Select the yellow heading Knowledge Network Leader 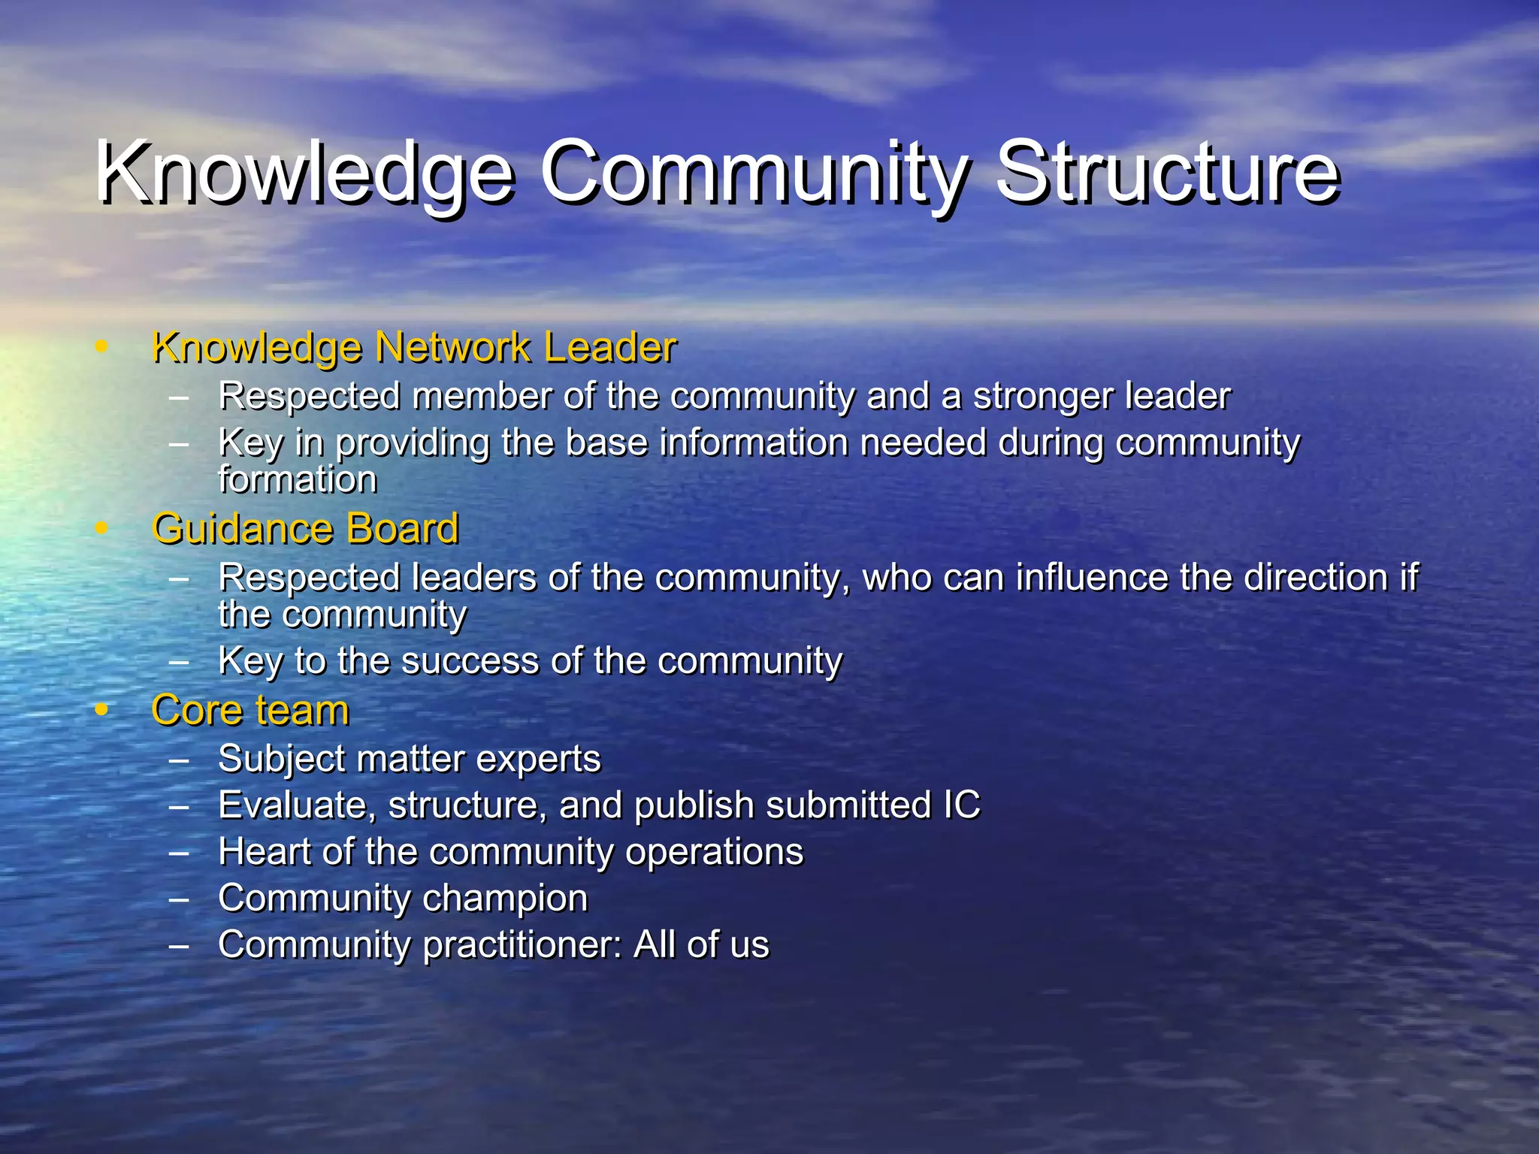pos(413,348)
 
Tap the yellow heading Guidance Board pos(305,529)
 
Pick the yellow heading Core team pos(250,711)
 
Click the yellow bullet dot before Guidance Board pos(101,529)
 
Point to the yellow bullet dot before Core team pos(101,711)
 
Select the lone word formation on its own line pos(298,479)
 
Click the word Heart pos(264,851)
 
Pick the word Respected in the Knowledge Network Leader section pos(309,396)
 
